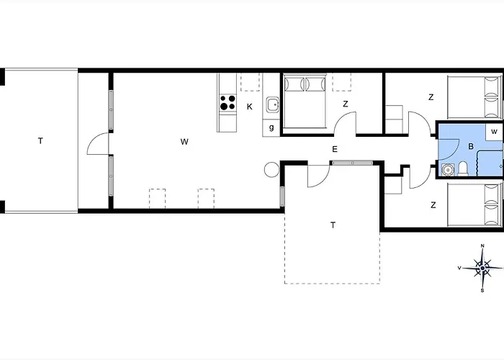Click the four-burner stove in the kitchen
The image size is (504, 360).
[x=228, y=103]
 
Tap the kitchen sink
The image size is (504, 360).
[x=272, y=106]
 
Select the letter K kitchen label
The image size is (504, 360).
[x=250, y=107]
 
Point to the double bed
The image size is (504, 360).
[x=306, y=103]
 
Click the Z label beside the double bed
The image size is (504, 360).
[x=346, y=104]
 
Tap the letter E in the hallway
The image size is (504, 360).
[x=335, y=149]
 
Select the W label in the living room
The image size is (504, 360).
[x=184, y=142]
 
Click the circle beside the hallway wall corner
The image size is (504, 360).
[x=272, y=170]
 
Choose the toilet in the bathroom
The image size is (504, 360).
[x=464, y=169]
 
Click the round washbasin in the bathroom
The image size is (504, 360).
[x=447, y=171]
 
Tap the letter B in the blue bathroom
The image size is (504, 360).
[x=471, y=146]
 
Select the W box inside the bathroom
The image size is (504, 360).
[x=495, y=131]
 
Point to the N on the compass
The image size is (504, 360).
[x=482, y=246]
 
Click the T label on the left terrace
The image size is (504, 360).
[x=40, y=141]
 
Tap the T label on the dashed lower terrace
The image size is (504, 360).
[x=333, y=225]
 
